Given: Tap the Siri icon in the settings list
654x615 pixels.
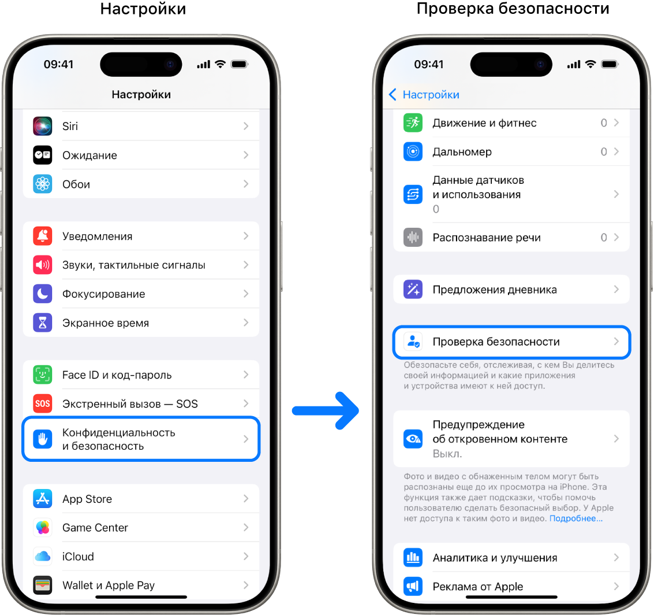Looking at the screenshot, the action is pyautogui.click(x=43, y=126).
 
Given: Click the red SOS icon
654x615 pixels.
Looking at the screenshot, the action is pyautogui.click(x=43, y=403).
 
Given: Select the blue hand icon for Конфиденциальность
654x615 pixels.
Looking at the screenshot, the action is pyautogui.click(x=43, y=439).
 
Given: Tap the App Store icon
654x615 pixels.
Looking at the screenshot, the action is pyautogui.click(x=43, y=498).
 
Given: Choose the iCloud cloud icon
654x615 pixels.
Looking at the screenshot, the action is pyautogui.click(x=43, y=556).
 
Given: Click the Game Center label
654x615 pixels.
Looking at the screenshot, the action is pyautogui.click(x=95, y=528).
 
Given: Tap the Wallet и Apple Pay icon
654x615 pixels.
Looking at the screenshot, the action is pyautogui.click(x=43, y=585).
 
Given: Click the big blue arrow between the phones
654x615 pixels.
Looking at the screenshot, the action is pyautogui.click(x=326, y=411).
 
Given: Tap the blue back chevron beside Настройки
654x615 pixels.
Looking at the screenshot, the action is pyautogui.click(x=393, y=94).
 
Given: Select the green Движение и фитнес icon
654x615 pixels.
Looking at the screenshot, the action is pyautogui.click(x=413, y=123).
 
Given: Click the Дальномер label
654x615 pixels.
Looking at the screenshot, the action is pyautogui.click(x=462, y=151).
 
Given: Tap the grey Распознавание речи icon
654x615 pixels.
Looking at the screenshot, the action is pyautogui.click(x=413, y=237).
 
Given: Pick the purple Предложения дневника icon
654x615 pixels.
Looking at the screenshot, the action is pyautogui.click(x=413, y=290).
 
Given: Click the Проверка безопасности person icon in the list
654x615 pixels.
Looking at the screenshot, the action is pyautogui.click(x=413, y=342).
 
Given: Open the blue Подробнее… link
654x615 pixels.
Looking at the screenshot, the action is pyautogui.click(x=576, y=518).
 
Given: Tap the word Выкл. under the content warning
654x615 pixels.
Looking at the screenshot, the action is pyautogui.click(x=447, y=454).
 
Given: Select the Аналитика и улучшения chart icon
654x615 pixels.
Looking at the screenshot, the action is pyautogui.click(x=413, y=557).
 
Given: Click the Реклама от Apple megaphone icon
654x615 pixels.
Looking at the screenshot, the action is pyautogui.click(x=413, y=586).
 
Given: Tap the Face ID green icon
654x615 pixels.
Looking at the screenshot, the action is pyautogui.click(x=43, y=375).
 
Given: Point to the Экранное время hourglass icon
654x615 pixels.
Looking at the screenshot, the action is pyautogui.click(x=43, y=323).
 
